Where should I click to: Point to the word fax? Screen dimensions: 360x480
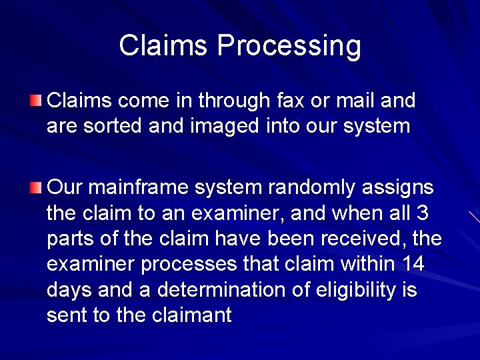[285, 101]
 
